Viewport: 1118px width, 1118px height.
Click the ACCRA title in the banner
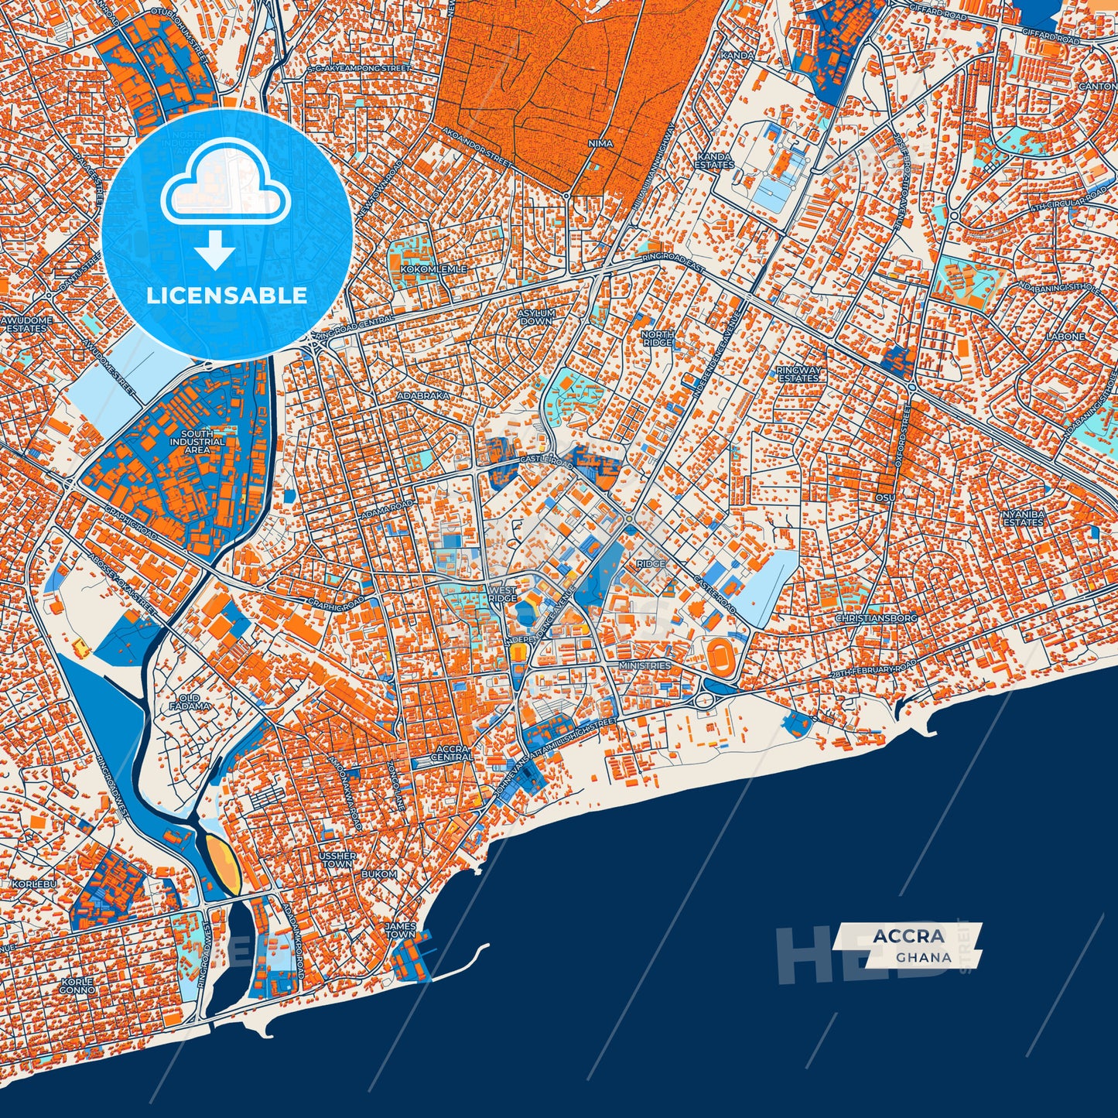tap(908, 936)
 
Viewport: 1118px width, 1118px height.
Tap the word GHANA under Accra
tap(924, 957)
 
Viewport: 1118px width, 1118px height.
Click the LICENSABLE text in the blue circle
tap(227, 295)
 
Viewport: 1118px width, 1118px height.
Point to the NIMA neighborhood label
tap(600, 144)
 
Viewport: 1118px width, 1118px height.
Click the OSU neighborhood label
tap(885, 497)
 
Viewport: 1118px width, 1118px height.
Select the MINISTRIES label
tap(644, 665)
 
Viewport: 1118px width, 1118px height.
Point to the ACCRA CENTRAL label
tap(454, 753)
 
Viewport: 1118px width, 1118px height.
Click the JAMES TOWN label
tap(400, 930)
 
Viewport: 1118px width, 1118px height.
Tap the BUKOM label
tap(379, 874)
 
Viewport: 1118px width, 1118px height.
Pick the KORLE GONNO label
tap(77, 985)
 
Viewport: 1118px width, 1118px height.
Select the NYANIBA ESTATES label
tap(1023, 518)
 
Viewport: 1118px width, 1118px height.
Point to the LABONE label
tap(1065, 337)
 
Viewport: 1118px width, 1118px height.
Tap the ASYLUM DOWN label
tap(536, 316)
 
